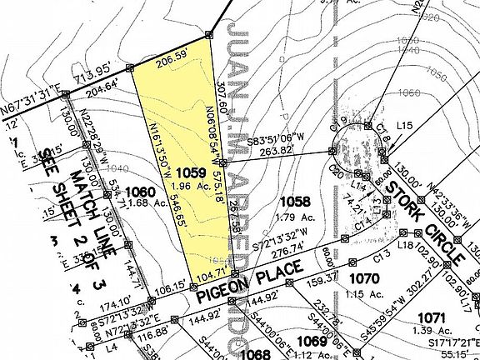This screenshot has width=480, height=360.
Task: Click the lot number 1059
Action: coord(190,172)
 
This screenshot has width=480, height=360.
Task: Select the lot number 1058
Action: coord(295,201)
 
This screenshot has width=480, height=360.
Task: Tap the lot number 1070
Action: coord(364,277)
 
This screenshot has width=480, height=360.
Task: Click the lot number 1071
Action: coord(435,317)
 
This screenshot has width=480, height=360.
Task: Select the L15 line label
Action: coord(406,124)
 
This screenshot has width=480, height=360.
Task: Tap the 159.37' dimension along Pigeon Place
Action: coord(323,277)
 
